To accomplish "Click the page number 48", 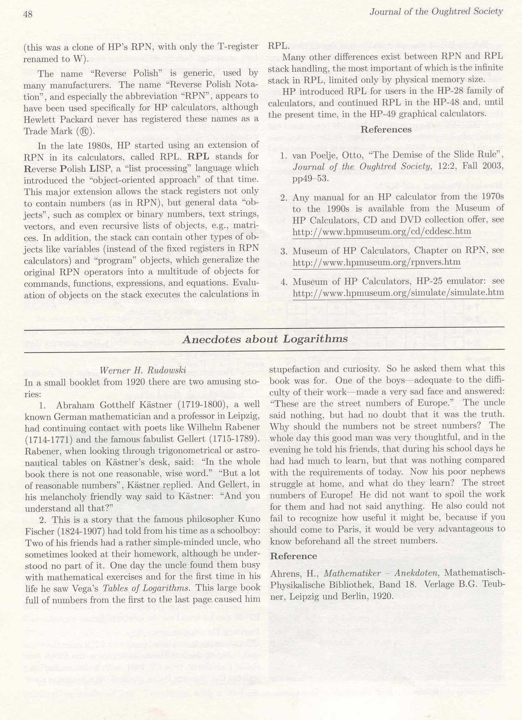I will click(28, 14).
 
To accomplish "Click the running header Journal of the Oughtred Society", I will click(436, 12).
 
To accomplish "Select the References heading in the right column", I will click(386, 130).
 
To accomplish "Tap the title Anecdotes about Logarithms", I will click(265, 339).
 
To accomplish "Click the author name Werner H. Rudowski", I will click(143, 370).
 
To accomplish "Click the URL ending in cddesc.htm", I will click(382, 231).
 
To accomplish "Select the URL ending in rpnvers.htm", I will click(377, 263).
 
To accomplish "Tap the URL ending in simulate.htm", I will click(398, 293).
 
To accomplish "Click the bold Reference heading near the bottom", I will click(293, 556).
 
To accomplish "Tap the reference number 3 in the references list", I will click(284, 251).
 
